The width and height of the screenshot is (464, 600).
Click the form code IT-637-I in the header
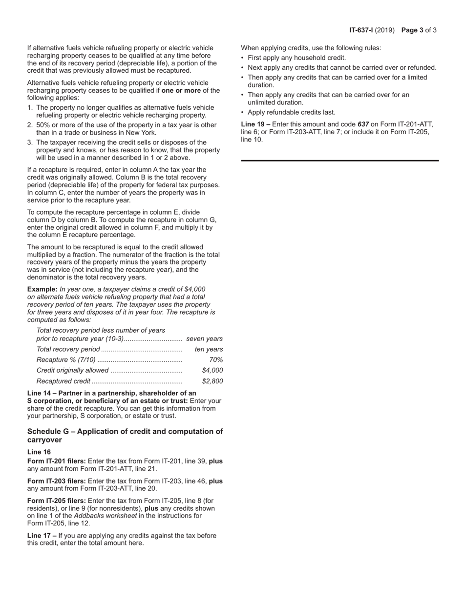click(361, 30)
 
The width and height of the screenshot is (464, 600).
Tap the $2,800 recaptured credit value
click(212, 381)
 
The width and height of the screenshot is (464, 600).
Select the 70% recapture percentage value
click(216, 360)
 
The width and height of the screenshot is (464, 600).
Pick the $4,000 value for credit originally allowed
click(212, 370)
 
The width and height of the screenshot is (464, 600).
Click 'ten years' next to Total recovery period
click(209, 349)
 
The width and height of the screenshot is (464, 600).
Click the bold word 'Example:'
click(42, 289)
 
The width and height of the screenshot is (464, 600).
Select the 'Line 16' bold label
click(39, 452)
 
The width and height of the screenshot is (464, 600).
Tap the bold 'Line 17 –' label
click(42, 536)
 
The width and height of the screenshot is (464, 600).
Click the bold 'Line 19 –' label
click(255, 124)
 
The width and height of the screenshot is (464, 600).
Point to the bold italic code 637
click(363, 124)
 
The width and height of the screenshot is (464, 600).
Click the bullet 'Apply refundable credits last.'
click(291, 112)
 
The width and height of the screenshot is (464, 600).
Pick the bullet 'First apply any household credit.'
click(296, 58)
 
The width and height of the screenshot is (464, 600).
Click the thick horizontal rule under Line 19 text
click(340, 160)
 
